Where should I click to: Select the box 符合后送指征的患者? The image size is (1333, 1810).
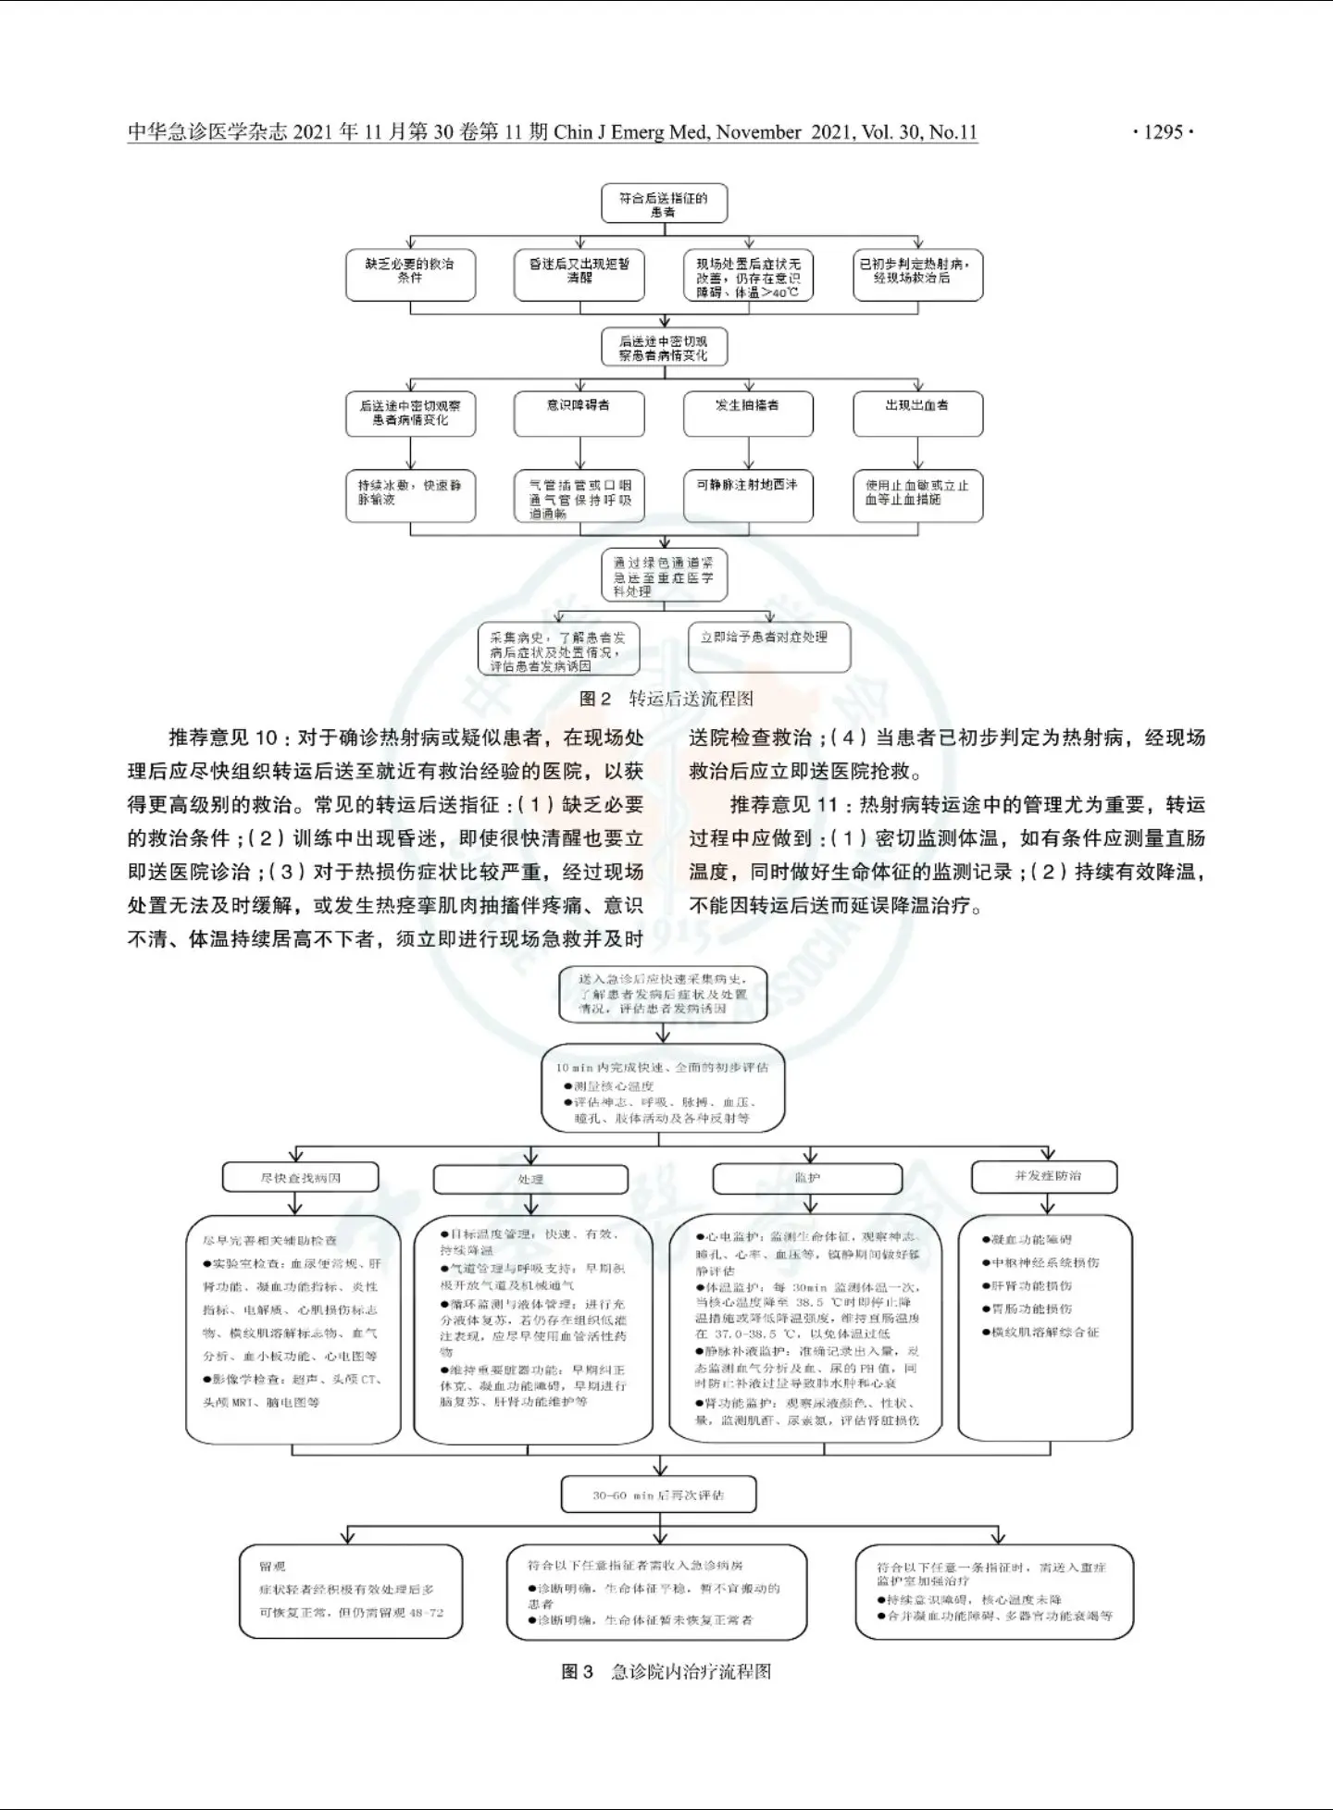click(664, 204)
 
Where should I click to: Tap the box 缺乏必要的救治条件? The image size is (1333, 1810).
click(410, 274)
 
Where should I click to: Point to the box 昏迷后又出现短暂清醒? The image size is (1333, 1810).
click(579, 274)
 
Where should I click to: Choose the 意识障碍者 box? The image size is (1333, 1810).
click(579, 413)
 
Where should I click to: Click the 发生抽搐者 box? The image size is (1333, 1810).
click(748, 413)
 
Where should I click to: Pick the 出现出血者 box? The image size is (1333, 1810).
click(917, 413)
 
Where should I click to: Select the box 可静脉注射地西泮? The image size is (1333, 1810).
click(748, 495)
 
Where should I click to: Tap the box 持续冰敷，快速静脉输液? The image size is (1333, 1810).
click(410, 496)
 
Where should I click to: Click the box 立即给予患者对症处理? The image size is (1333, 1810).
click(768, 646)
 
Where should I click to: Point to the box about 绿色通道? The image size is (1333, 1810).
click(664, 576)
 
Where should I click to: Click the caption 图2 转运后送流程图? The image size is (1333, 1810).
click(666, 699)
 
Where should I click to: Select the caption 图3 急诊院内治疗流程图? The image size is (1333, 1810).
click(666, 1671)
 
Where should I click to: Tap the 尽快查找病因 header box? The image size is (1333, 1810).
click(301, 1178)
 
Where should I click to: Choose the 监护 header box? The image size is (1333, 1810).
click(807, 1179)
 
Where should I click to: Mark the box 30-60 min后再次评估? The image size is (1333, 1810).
click(659, 1494)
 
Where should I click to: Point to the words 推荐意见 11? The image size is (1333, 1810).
click(784, 805)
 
